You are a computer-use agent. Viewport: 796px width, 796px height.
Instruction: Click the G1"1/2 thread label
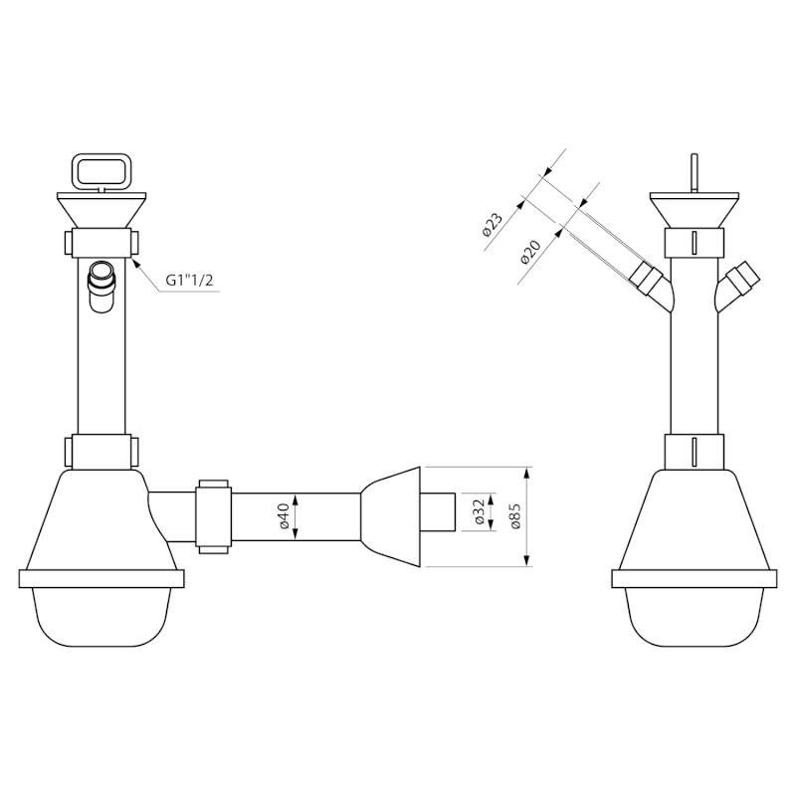(189, 281)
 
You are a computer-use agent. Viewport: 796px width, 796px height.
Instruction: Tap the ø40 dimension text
(284, 515)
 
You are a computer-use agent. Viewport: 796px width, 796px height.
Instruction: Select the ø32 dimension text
(479, 511)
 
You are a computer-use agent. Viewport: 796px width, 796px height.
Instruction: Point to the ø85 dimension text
(515, 516)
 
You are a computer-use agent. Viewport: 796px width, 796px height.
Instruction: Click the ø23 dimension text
(492, 225)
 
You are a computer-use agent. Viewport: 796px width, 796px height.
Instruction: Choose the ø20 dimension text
(530, 252)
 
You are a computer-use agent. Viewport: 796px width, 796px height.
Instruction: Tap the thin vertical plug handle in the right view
(694, 173)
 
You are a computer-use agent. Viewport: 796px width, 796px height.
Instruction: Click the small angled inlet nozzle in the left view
(102, 286)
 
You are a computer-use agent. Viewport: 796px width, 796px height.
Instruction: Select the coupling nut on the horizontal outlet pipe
(213, 516)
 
